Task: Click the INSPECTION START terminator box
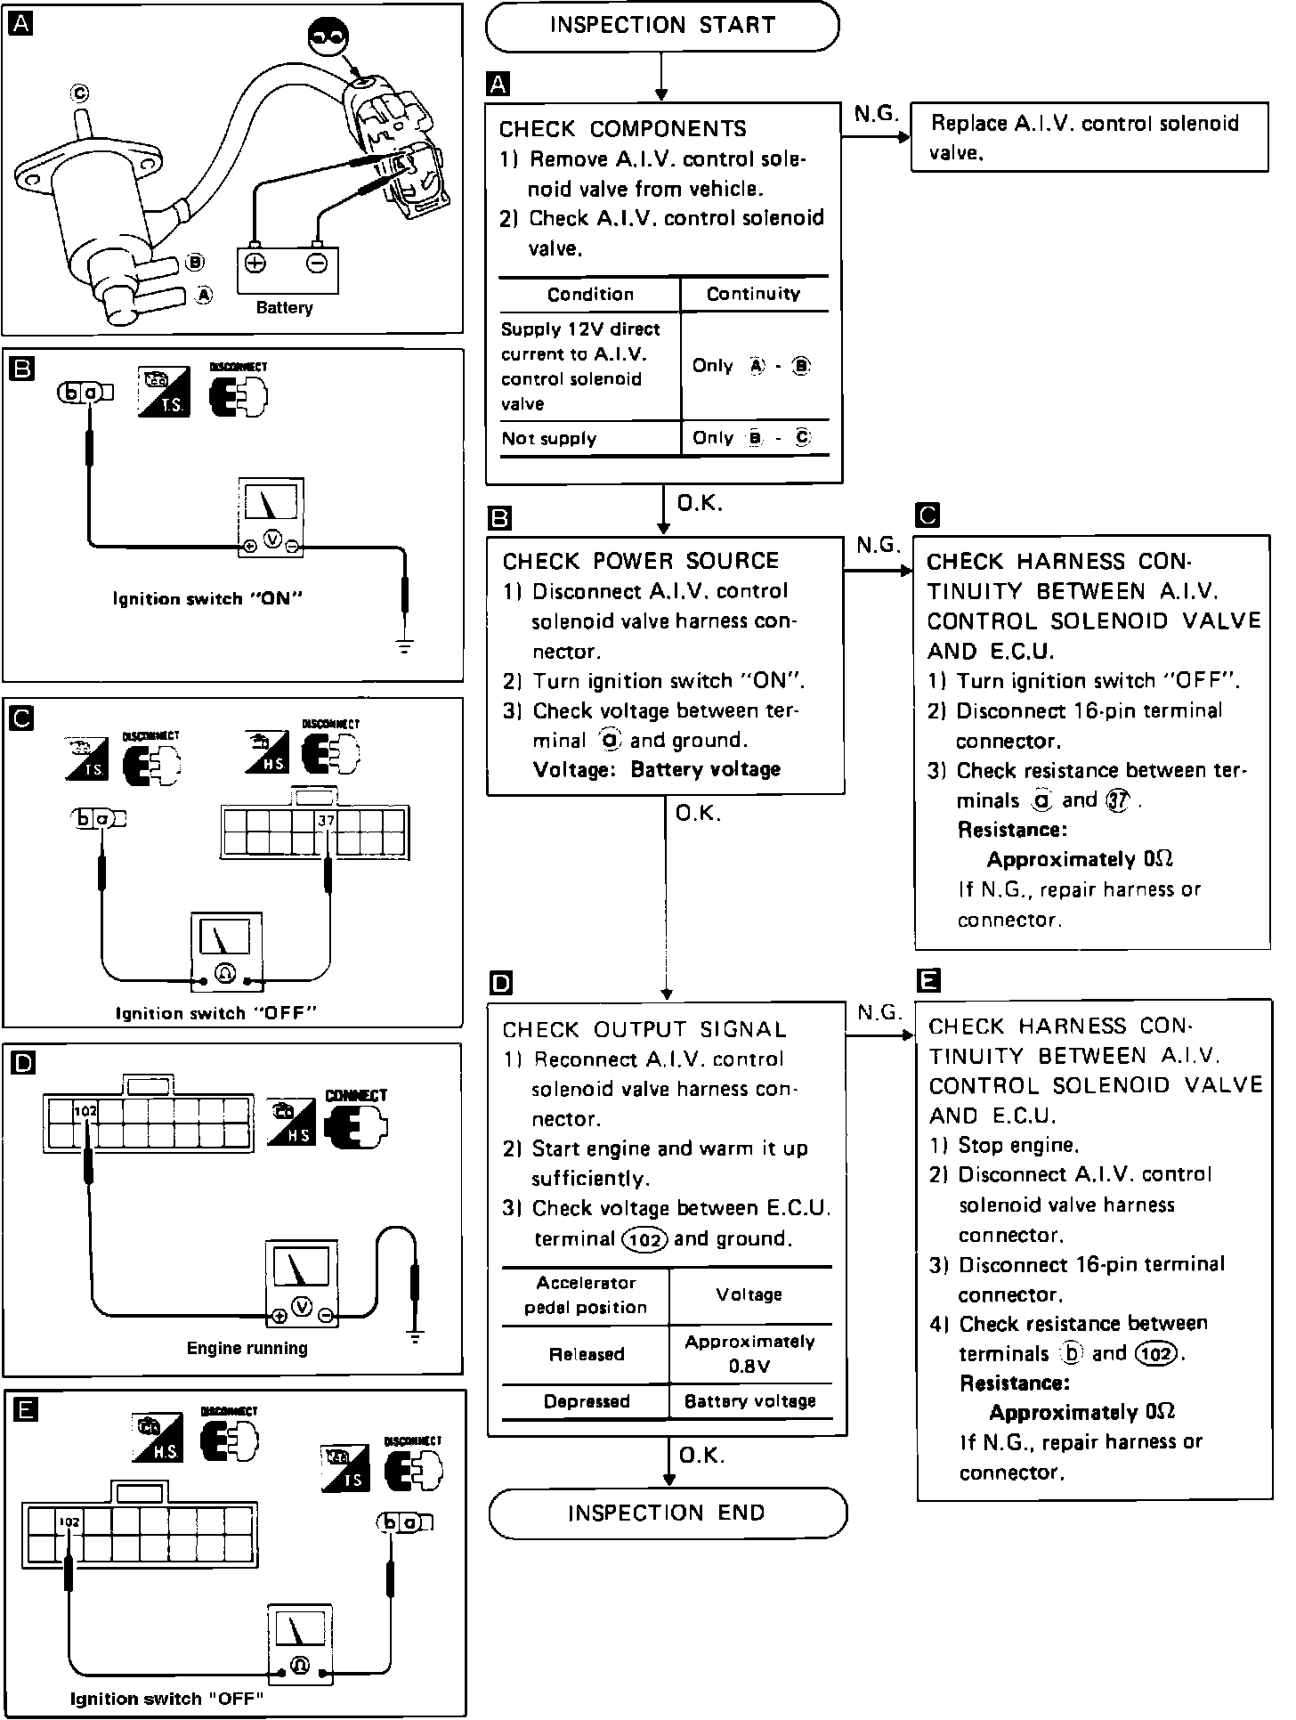coord(661,26)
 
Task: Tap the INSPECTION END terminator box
coord(667,1513)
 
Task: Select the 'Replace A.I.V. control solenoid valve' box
coord(1089,137)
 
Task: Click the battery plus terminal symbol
coord(255,263)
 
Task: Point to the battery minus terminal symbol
coord(318,263)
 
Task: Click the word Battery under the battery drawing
coord(284,308)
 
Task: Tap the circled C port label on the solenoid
coord(80,93)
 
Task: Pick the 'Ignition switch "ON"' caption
coord(207,599)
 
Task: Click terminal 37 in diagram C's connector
coord(326,821)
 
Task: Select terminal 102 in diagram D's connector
coord(85,1112)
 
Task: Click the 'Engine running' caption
coord(247,1349)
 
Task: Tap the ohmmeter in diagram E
coord(300,1644)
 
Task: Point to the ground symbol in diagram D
coord(415,1336)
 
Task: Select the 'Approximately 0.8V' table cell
coord(749,1354)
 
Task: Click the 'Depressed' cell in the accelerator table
coord(587,1401)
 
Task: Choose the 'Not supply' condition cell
coord(549,439)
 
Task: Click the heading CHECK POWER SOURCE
coord(641,561)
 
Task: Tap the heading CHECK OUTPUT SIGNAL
coord(644,1030)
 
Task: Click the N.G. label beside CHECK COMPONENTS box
coord(876,114)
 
